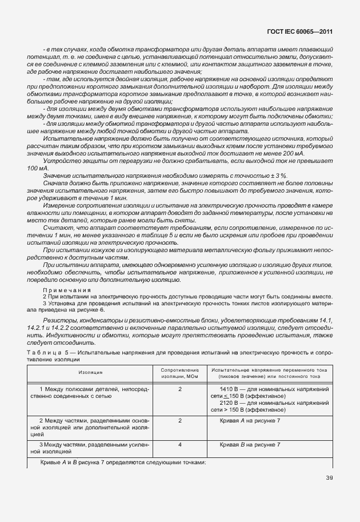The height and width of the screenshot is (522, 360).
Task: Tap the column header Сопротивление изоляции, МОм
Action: tap(179, 372)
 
